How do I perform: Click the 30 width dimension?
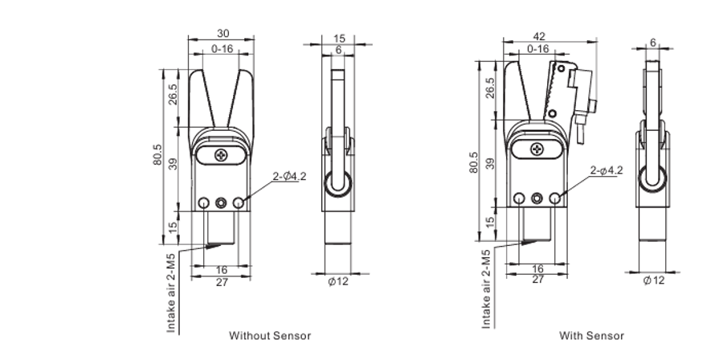click(x=221, y=33)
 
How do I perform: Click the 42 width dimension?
click(x=537, y=36)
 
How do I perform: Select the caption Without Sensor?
click(x=270, y=335)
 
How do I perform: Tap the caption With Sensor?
click(x=591, y=335)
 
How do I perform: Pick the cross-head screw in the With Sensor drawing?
click(x=537, y=149)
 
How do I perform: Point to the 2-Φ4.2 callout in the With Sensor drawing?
click(x=607, y=170)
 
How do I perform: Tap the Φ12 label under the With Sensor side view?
click(x=655, y=280)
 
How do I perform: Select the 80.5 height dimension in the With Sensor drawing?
click(x=475, y=162)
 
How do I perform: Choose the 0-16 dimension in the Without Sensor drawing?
click(x=223, y=49)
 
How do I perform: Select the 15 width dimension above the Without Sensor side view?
click(x=339, y=38)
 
